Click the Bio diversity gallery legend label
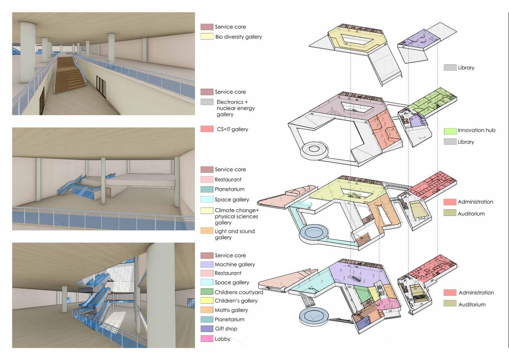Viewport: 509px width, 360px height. click(x=238, y=37)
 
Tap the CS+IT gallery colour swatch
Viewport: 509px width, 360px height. click(x=207, y=129)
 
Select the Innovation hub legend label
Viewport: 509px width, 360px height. click(x=476, y=130)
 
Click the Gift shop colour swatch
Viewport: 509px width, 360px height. click(x=207, y=329)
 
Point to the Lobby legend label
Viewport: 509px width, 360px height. click(x=222, y=339)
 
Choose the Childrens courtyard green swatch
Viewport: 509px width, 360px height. click(x=207, y=292)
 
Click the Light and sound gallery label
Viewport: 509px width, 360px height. click(x=234, y=234)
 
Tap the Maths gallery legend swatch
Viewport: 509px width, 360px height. click(x=207, y=310)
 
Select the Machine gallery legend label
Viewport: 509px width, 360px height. click(x=235, y=264)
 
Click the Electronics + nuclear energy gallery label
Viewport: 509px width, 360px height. click(x=235, y=108)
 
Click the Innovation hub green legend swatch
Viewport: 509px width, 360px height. click(x=450, y=131)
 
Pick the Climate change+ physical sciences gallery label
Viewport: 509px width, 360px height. click(x=237, y=216)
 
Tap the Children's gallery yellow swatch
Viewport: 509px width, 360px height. click(x=207, y=301)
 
